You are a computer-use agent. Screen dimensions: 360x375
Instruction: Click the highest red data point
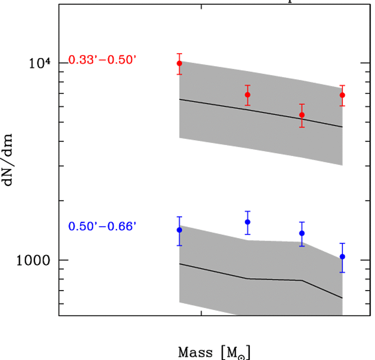click(x=179, y=63)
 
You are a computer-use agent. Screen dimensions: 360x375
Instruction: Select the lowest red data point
click(x=302, y=115)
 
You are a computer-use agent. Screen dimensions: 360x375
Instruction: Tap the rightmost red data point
click(x=342, y=95)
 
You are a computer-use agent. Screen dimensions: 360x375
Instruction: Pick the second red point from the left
click(x=248, y=94)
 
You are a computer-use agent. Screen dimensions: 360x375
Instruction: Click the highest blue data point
click(x=248, y=222)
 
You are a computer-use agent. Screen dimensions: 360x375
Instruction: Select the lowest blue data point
click(x=342, y=256)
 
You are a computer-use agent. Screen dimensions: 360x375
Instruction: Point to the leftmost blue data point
click(x=179, y=230)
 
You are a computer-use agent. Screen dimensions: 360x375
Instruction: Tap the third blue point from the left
click(x=302, y=233)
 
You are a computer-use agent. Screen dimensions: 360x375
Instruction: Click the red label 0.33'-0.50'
click(x=102, y=60)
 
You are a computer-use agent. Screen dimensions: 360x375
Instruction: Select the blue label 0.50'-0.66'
click(x=102, y=226)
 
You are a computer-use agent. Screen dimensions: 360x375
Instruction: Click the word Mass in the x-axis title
click(x=194, y=352)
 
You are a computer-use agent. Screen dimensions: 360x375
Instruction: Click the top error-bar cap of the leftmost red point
click(x=179, y=54)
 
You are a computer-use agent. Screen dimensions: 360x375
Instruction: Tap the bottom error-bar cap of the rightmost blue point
click(x=342, y=272)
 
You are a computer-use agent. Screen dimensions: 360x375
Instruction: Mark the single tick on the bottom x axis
click(x=201, y=313)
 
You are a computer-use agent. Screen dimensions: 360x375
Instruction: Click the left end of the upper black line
click(x=179, y=99)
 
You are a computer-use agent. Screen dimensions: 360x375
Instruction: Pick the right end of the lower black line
click(x=342, y=298)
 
